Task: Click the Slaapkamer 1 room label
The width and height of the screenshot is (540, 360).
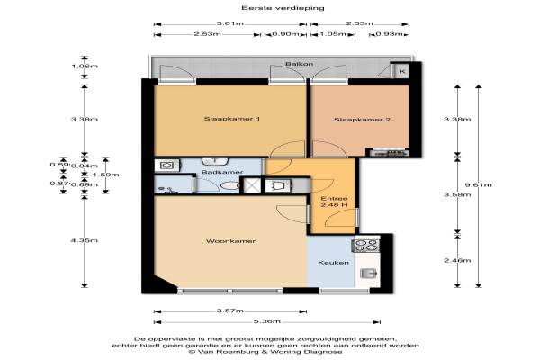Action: [x=232, y=119]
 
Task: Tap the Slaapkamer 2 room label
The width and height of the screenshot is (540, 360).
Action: [x=362, y=120]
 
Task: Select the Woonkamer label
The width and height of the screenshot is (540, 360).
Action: [x=230, y=241]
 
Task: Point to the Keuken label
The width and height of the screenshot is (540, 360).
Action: [x=333, y=263]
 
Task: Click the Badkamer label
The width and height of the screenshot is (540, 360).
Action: [x=222, y=172]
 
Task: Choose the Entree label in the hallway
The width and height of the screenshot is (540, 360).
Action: [x=334, y=199]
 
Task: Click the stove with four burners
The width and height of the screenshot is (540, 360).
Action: [x=365, y=246]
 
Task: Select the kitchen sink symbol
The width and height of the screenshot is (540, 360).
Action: [x=368, y=274]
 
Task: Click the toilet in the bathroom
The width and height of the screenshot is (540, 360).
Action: [x=229, y=186]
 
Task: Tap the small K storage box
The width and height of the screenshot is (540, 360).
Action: [x=402, y=72]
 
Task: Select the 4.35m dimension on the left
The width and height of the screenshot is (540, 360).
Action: [x=85, y=240]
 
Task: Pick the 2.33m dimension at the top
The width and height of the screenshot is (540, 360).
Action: [x=360, y=23]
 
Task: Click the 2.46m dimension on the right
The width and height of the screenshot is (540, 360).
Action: [x=457, y=260]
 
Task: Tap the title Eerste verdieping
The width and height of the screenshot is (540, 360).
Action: [x=283, y=7]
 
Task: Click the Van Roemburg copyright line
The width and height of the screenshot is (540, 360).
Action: [x=265, y=352]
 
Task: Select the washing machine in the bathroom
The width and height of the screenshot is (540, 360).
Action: [x=166, y=166]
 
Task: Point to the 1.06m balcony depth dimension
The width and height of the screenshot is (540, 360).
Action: [x=85, y=66]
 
